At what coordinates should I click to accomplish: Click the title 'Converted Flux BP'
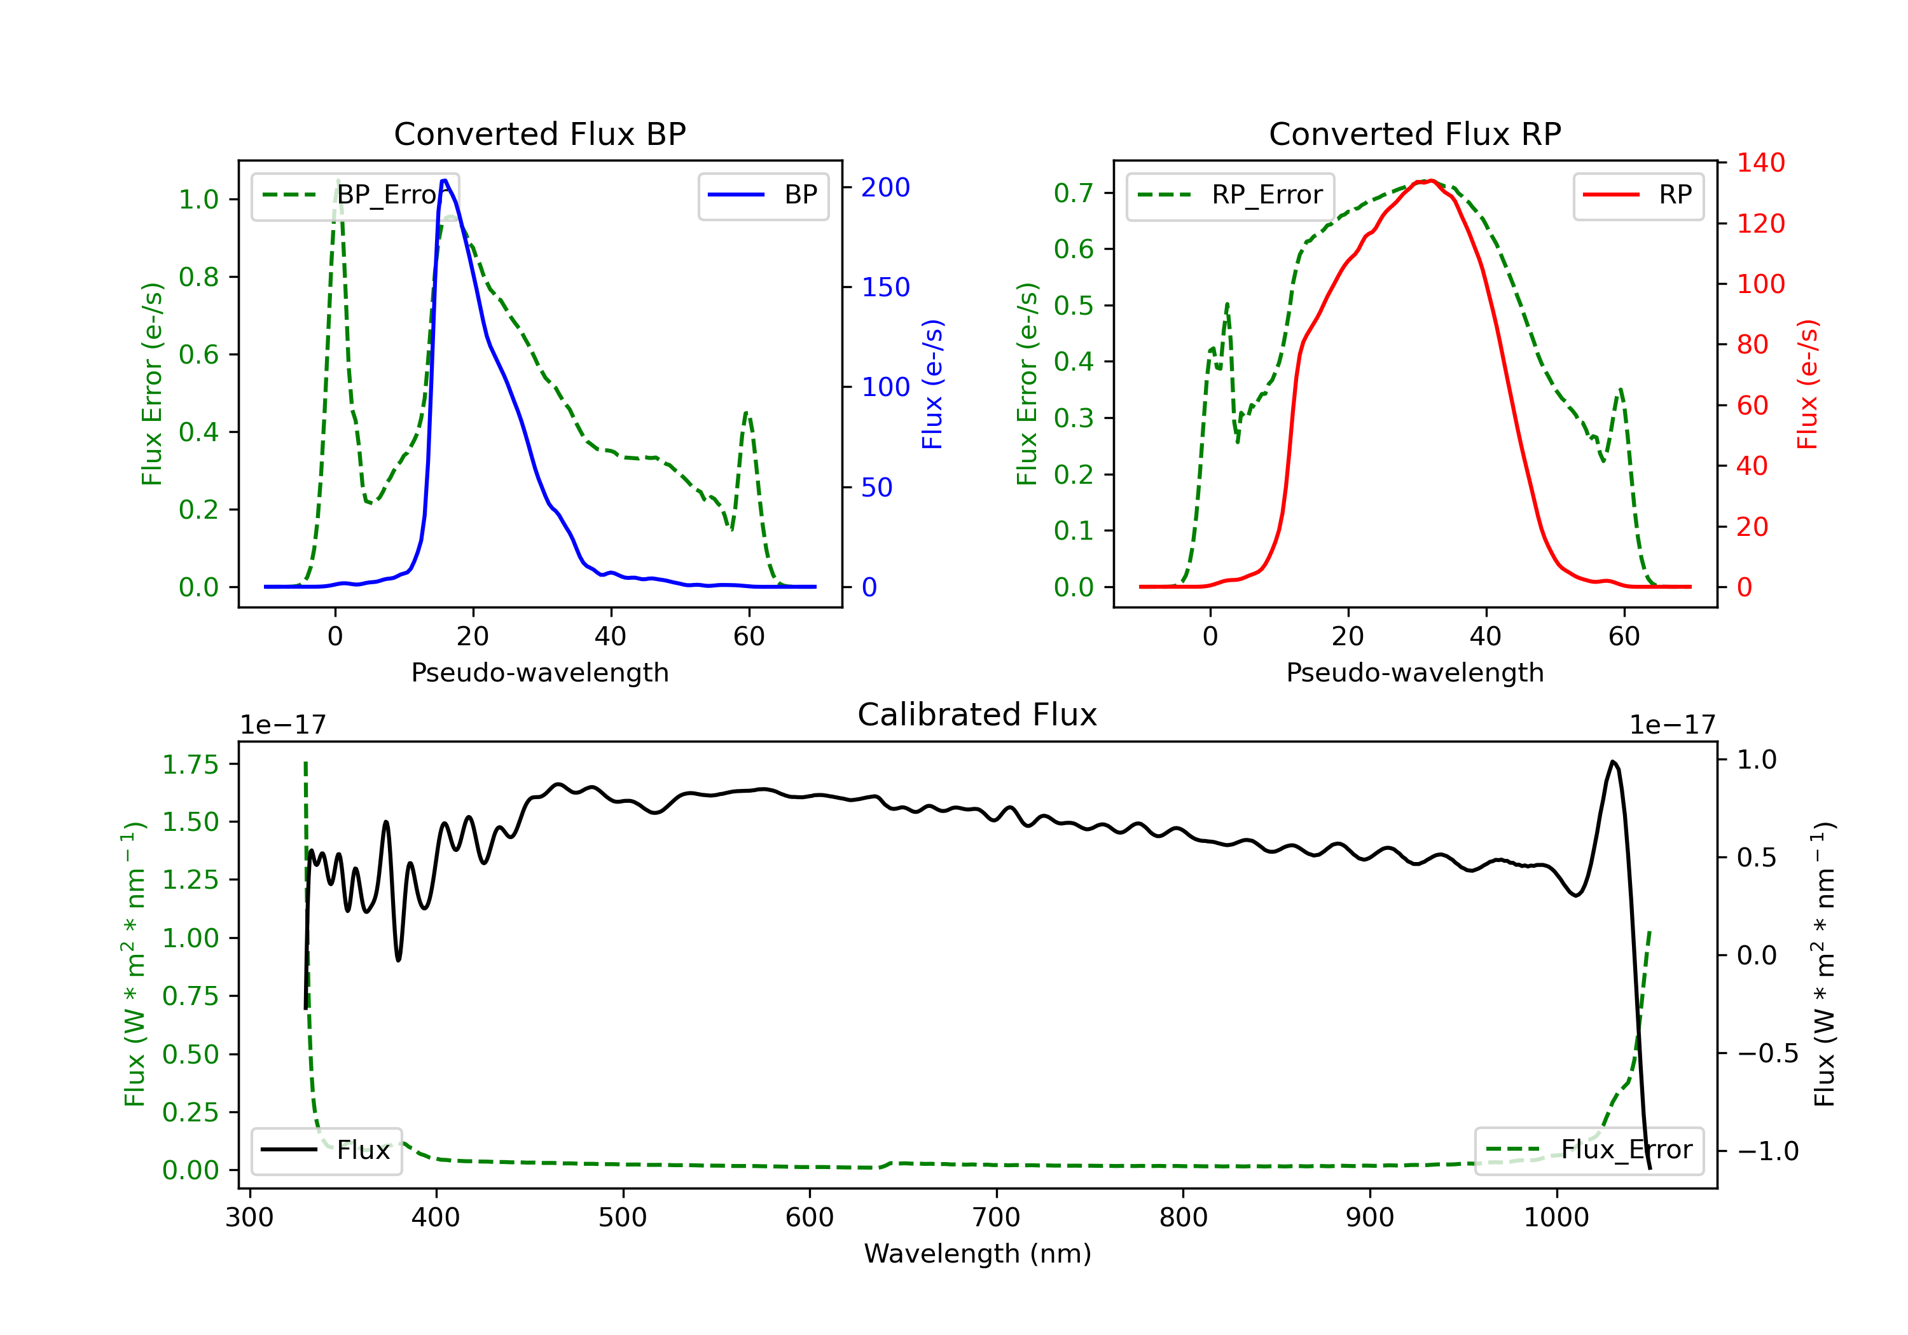pos(540,133)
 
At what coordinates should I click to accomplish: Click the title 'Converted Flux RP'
pos(1415,133)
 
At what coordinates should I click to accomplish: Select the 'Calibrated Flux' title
pos(978,715)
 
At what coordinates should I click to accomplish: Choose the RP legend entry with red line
pos(1638,195)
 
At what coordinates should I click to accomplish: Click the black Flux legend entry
pos(326,1150)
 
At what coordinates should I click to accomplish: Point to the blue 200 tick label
pos(886,188)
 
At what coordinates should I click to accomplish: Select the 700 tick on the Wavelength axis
pos(997,1218)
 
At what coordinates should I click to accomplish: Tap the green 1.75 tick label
pos(190,764)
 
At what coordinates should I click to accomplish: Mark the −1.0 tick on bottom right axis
pos(1767,1151)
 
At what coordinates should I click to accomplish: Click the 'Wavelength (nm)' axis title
pos(978,1254)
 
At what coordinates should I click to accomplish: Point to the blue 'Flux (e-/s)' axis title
pos(932,385)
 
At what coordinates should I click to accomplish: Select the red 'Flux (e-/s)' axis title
pos(1808,385)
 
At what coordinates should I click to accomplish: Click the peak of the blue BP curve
pos(445,181)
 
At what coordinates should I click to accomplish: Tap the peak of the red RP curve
pos(1427,181)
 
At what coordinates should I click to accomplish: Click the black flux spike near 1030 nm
pos(1613,762)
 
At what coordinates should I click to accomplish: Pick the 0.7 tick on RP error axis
pos(1073,193)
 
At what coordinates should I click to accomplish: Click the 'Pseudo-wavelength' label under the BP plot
pos(540,672)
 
